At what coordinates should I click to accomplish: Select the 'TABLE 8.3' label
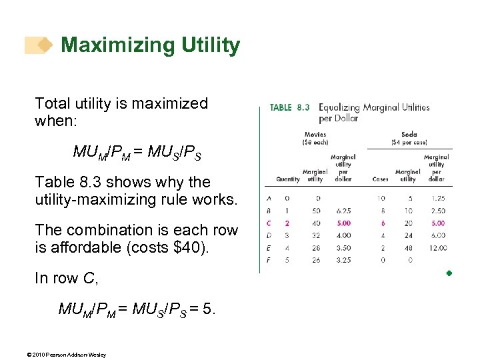[289, 107]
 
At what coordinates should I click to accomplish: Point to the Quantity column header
[288, 179]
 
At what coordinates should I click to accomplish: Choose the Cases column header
[381, 179]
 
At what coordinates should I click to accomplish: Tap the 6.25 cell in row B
[344, 211]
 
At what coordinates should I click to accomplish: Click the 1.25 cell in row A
[437, 198]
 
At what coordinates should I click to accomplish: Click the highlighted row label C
[269, 223]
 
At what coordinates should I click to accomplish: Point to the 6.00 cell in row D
[437, 235]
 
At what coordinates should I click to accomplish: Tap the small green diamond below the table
[449, 273]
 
